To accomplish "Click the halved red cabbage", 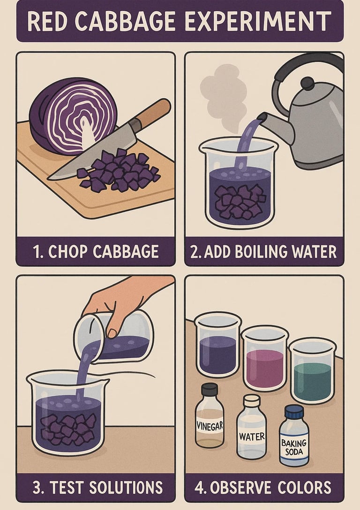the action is click(73, 116).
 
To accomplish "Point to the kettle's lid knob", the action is click(307, 83).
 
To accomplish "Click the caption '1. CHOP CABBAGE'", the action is click(96, 252).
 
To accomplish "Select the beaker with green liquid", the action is click(313, 371).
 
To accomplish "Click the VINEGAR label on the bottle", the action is click(210, 425).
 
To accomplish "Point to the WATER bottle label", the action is click(252, 436).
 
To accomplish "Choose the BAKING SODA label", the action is click(294, 447).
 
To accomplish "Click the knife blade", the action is click(94, 151).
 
